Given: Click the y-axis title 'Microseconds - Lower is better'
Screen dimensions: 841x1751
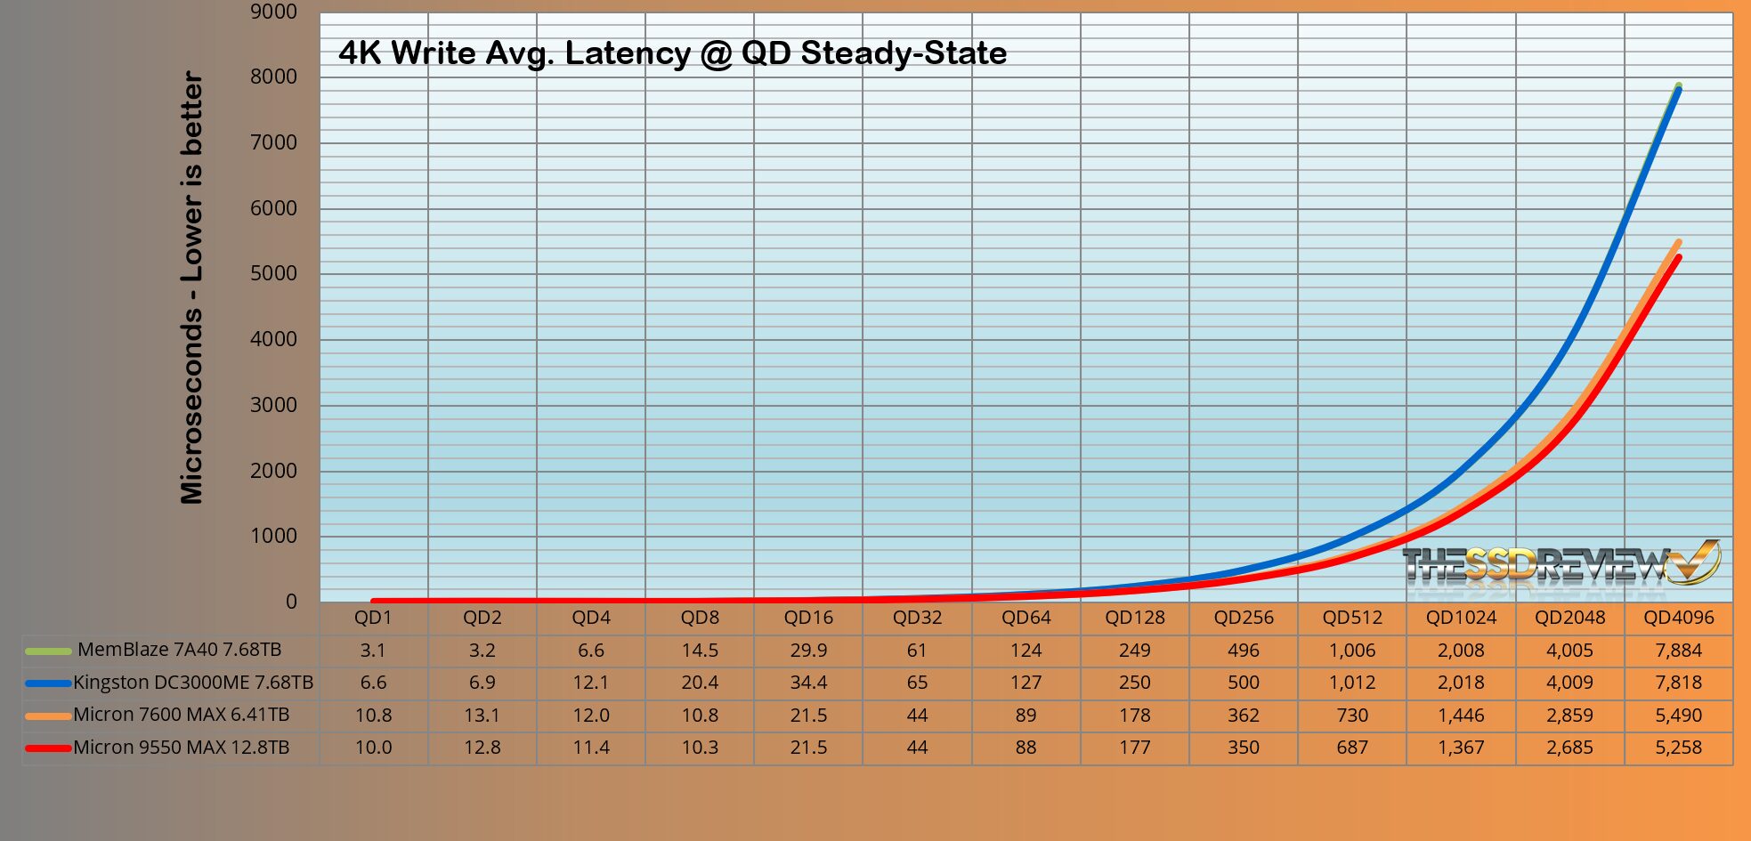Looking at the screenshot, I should click(192, 287).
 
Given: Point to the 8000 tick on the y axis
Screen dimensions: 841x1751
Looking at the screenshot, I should click(273, 77).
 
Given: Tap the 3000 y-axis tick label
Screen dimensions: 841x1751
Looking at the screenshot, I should click(273, 405).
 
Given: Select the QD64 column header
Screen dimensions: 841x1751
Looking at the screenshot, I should click(1025, 618).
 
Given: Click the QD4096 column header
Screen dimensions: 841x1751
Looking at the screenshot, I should click(1678, 618).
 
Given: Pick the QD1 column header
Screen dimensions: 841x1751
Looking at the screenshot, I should click(373, 618).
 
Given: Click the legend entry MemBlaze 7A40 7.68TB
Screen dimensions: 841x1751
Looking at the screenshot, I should click(179, 651).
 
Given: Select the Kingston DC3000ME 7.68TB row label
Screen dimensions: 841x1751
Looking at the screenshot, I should click(193, 683).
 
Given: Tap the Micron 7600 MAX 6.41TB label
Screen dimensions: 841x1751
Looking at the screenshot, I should click(181, 715).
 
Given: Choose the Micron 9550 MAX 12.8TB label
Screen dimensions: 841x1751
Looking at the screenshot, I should click(181, 748).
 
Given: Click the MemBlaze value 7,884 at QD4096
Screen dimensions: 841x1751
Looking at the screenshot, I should click(1678, 651).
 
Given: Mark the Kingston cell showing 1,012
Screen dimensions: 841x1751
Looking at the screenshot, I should click(1351, 683).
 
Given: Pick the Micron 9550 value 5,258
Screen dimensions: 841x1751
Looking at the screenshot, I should click(1678, 748).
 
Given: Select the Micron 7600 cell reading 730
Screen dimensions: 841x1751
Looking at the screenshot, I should click(1351, 715).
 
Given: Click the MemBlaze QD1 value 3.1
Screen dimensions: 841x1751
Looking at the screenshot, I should click(373, 651).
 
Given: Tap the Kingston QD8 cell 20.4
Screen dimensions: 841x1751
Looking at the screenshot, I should click(700, 683).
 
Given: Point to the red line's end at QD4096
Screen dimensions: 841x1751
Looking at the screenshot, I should click(1678, 258).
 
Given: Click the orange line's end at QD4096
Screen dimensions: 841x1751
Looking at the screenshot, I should click(1678, 242).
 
